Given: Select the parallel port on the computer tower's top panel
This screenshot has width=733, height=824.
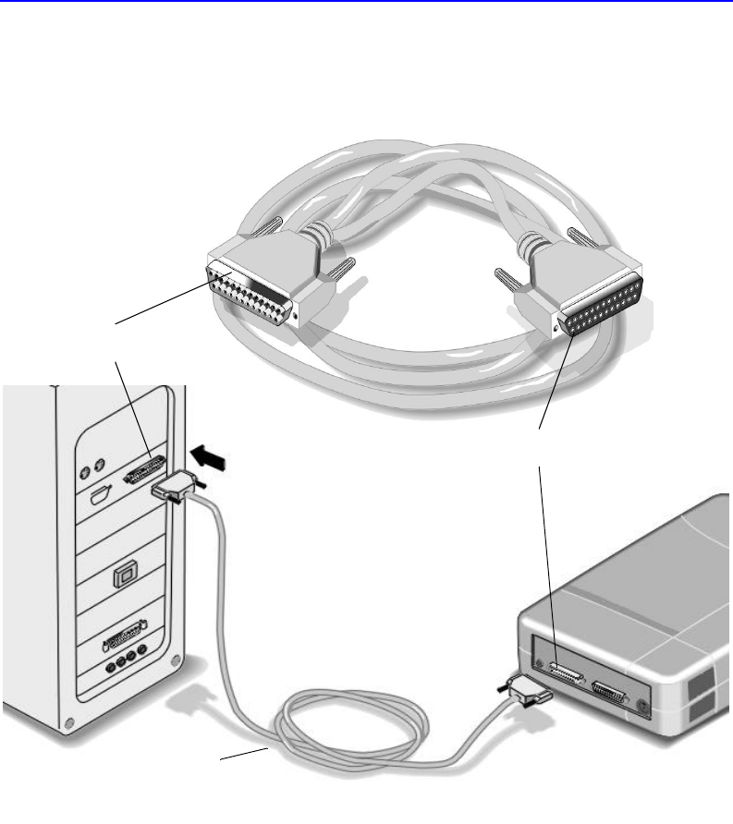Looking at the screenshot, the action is coord(144,469).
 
